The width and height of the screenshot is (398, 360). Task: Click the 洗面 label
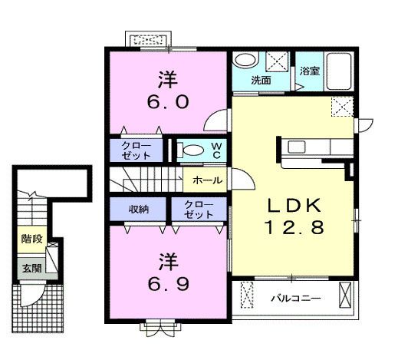(261, 79)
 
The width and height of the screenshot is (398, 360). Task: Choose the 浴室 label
(310, 71)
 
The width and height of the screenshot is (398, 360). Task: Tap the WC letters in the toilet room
(216, 150)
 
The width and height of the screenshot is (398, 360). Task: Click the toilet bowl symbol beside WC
(193, 150)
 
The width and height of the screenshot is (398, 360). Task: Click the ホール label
(207, 180)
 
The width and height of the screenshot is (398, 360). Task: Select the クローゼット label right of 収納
(199, 210)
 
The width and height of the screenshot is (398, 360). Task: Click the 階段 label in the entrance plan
(31, 239)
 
